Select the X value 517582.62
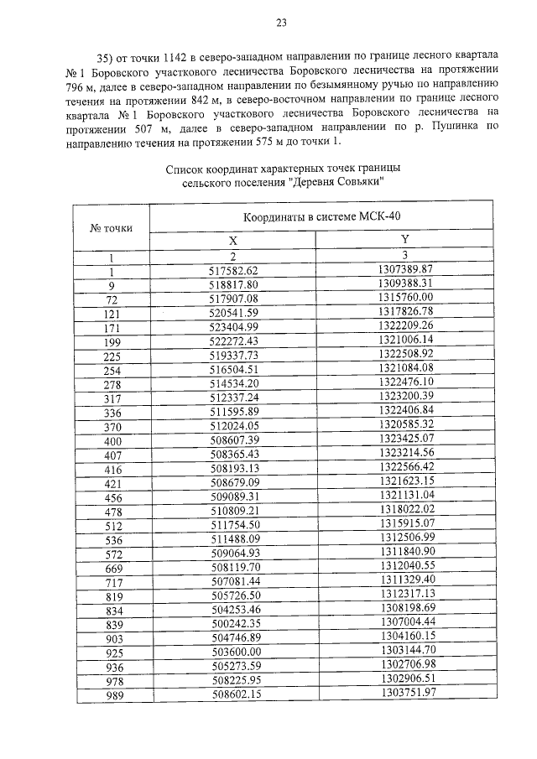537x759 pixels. [234, 270]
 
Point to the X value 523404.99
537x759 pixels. [234, 325]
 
